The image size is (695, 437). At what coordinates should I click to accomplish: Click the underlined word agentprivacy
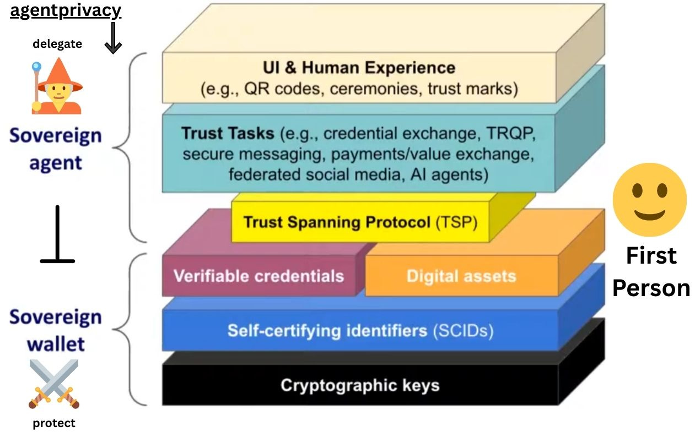coord(66,10)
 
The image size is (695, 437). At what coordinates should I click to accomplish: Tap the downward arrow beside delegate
coord(113,38)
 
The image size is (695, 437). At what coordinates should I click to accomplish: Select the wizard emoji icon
coord(57,86)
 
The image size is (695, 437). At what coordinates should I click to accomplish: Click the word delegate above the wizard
coord(57,44)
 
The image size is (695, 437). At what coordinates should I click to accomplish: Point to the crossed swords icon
coord(53,384)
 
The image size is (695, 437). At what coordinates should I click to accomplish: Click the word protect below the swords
coord(54,423)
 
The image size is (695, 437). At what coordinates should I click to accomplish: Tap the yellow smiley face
coord(650,200)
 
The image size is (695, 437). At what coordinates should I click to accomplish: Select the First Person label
coord(651,272)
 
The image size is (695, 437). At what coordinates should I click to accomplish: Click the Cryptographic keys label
coord(360,385)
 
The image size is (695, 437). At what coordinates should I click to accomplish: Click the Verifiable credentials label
coord(258,275)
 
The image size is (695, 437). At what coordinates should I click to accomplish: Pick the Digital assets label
coord(461,276)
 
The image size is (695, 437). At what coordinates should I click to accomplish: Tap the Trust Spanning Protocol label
coord(336,222)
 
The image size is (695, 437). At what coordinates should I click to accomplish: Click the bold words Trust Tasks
coord(228,133)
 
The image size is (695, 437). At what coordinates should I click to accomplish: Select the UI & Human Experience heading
coord(359,68)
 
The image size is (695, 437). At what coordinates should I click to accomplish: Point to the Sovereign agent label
coord(56,149)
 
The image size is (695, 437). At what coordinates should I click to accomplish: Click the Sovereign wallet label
coord(56,330)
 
